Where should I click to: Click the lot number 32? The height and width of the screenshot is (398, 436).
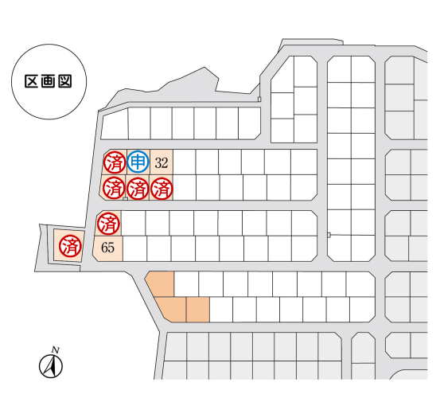[162, 162]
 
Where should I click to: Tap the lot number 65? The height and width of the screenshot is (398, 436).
[107, 248]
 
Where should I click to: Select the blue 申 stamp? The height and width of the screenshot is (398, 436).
[138, 162]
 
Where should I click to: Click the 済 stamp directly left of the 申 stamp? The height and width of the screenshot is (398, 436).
[115, 162]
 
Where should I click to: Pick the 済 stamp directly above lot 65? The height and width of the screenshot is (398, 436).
[108, 224]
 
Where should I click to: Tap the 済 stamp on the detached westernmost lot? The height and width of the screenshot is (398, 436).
[70, 246]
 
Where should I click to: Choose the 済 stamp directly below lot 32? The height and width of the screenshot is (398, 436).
[162, 189]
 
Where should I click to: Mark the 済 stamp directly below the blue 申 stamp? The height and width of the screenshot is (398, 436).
[138, 189]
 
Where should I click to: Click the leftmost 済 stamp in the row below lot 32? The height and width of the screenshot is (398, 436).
[114, 188]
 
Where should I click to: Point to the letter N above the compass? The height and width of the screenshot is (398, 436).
[56, 350]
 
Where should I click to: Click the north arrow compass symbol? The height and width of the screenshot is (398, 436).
[51, 366]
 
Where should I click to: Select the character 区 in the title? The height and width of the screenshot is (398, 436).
[31, 81]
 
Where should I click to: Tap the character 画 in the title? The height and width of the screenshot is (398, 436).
[48, 81]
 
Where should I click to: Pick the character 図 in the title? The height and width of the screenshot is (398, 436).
[65, 81]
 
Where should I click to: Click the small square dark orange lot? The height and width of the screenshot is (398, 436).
[197, 310]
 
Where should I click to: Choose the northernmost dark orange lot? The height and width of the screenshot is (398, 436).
[162, 283]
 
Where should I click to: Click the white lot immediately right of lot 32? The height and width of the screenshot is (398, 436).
[184, 162]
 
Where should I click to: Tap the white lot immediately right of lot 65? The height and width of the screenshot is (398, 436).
[134, 248]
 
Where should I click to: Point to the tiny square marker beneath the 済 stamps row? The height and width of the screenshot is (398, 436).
[126, 199]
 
